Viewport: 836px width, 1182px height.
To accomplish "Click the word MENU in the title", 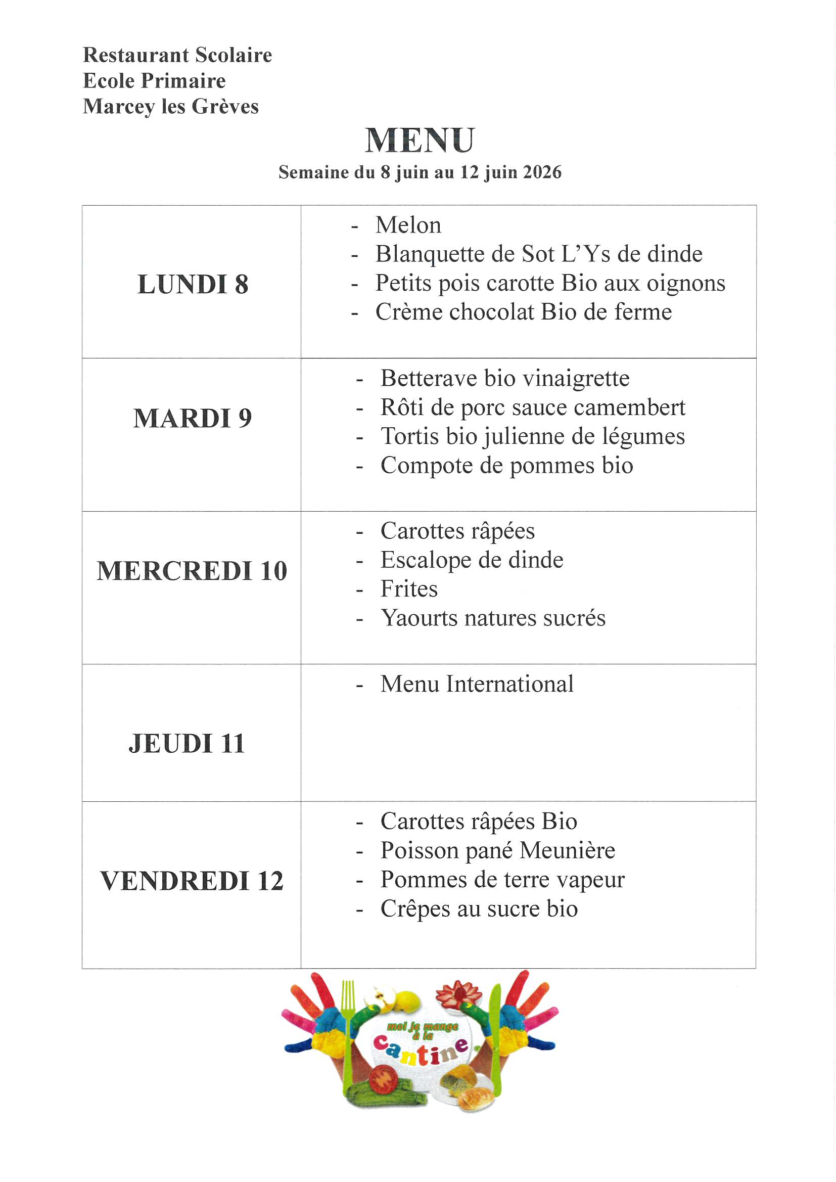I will [420, 140].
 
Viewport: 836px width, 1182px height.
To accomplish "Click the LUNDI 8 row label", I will [193, 284].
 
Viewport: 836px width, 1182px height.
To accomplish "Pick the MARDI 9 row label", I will [193, 418].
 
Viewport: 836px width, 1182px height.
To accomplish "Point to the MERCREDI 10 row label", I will [192, 570].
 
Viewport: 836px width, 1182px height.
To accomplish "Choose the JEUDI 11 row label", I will [187, 743].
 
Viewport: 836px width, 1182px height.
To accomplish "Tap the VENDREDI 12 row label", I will [192, 881].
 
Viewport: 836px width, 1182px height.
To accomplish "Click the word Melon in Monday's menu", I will [408, 225].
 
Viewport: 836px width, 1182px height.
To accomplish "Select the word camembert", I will [630, 407].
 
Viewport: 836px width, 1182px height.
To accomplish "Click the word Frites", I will [409, 589].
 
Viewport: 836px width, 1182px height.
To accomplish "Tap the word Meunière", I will [567, 850].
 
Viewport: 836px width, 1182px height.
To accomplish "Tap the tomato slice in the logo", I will [382, 1078].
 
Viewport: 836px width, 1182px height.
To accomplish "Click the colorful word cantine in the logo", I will [421, 1050].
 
